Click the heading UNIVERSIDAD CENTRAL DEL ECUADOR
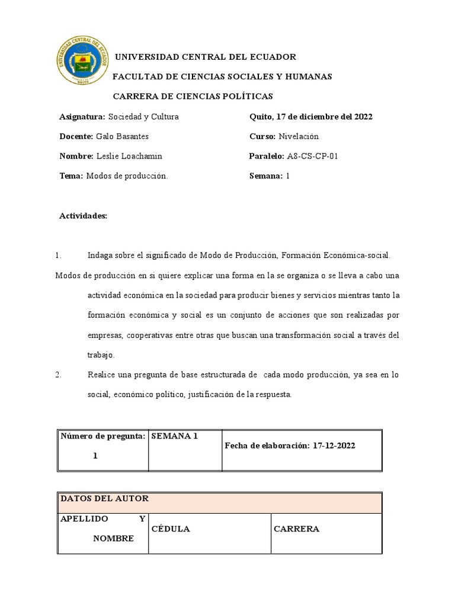204,57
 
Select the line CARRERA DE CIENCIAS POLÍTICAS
193,96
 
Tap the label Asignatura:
82,117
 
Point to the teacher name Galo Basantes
122,137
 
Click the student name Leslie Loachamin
129,156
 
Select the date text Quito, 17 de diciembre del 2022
311,117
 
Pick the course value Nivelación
298,137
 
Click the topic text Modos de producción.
127,176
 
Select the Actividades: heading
83,216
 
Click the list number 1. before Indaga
58,256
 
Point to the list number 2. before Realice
58,375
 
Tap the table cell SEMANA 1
174,436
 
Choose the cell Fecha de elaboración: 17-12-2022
290,446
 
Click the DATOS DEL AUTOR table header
105,499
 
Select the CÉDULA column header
171,529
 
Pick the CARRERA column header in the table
296,529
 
